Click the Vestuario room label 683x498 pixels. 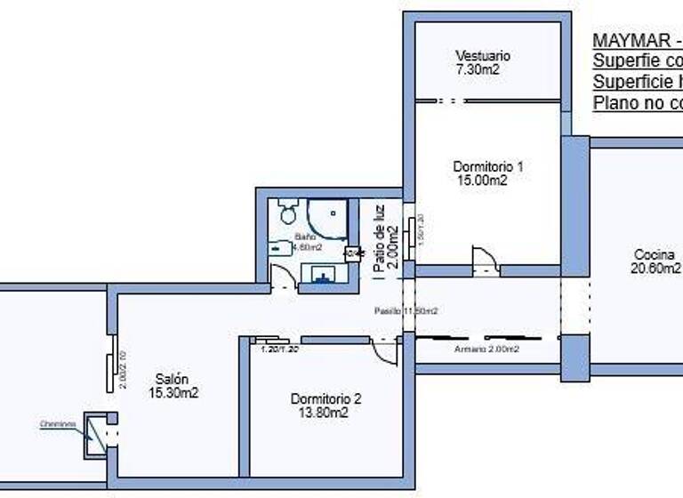pos(483,56)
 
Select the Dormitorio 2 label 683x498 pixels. pos(325,399)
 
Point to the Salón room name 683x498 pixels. pos(172,378)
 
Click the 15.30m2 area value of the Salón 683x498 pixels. pos(173,392)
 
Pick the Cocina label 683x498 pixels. pos(653,254)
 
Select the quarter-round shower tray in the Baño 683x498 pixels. pos(327,219)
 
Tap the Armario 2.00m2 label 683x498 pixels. pos(486,349)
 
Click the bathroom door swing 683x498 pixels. pos(283,277)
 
